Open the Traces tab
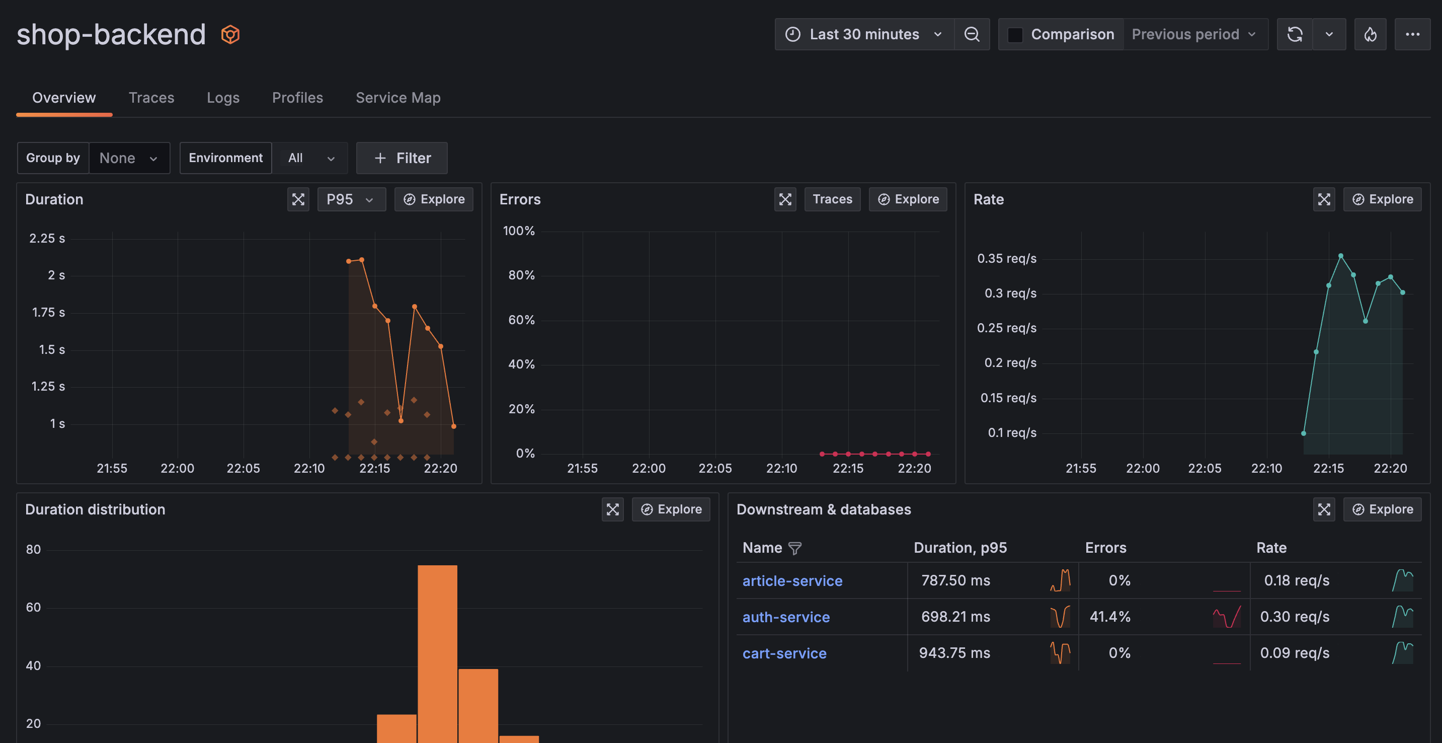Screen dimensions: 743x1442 click(151, 98)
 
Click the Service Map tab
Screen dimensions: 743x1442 click(397, 98)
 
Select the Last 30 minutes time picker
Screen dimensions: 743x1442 click(864, 34)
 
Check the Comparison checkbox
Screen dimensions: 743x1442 click(1015, 35)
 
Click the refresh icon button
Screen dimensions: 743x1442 click(1294, 34)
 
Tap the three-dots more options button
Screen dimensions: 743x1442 click(1412, 34)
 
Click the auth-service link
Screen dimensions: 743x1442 click(785, 617)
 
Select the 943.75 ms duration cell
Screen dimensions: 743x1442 click(954, 653)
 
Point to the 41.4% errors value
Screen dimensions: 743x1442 click(1109, 617)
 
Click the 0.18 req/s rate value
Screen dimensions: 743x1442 click(1296, 580)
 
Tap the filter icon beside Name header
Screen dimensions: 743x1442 click(794, 548)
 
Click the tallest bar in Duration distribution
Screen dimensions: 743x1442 click(437, 649)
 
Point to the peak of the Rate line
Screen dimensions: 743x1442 click(1340, 256)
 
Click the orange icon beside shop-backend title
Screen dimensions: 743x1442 click(230, 35)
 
